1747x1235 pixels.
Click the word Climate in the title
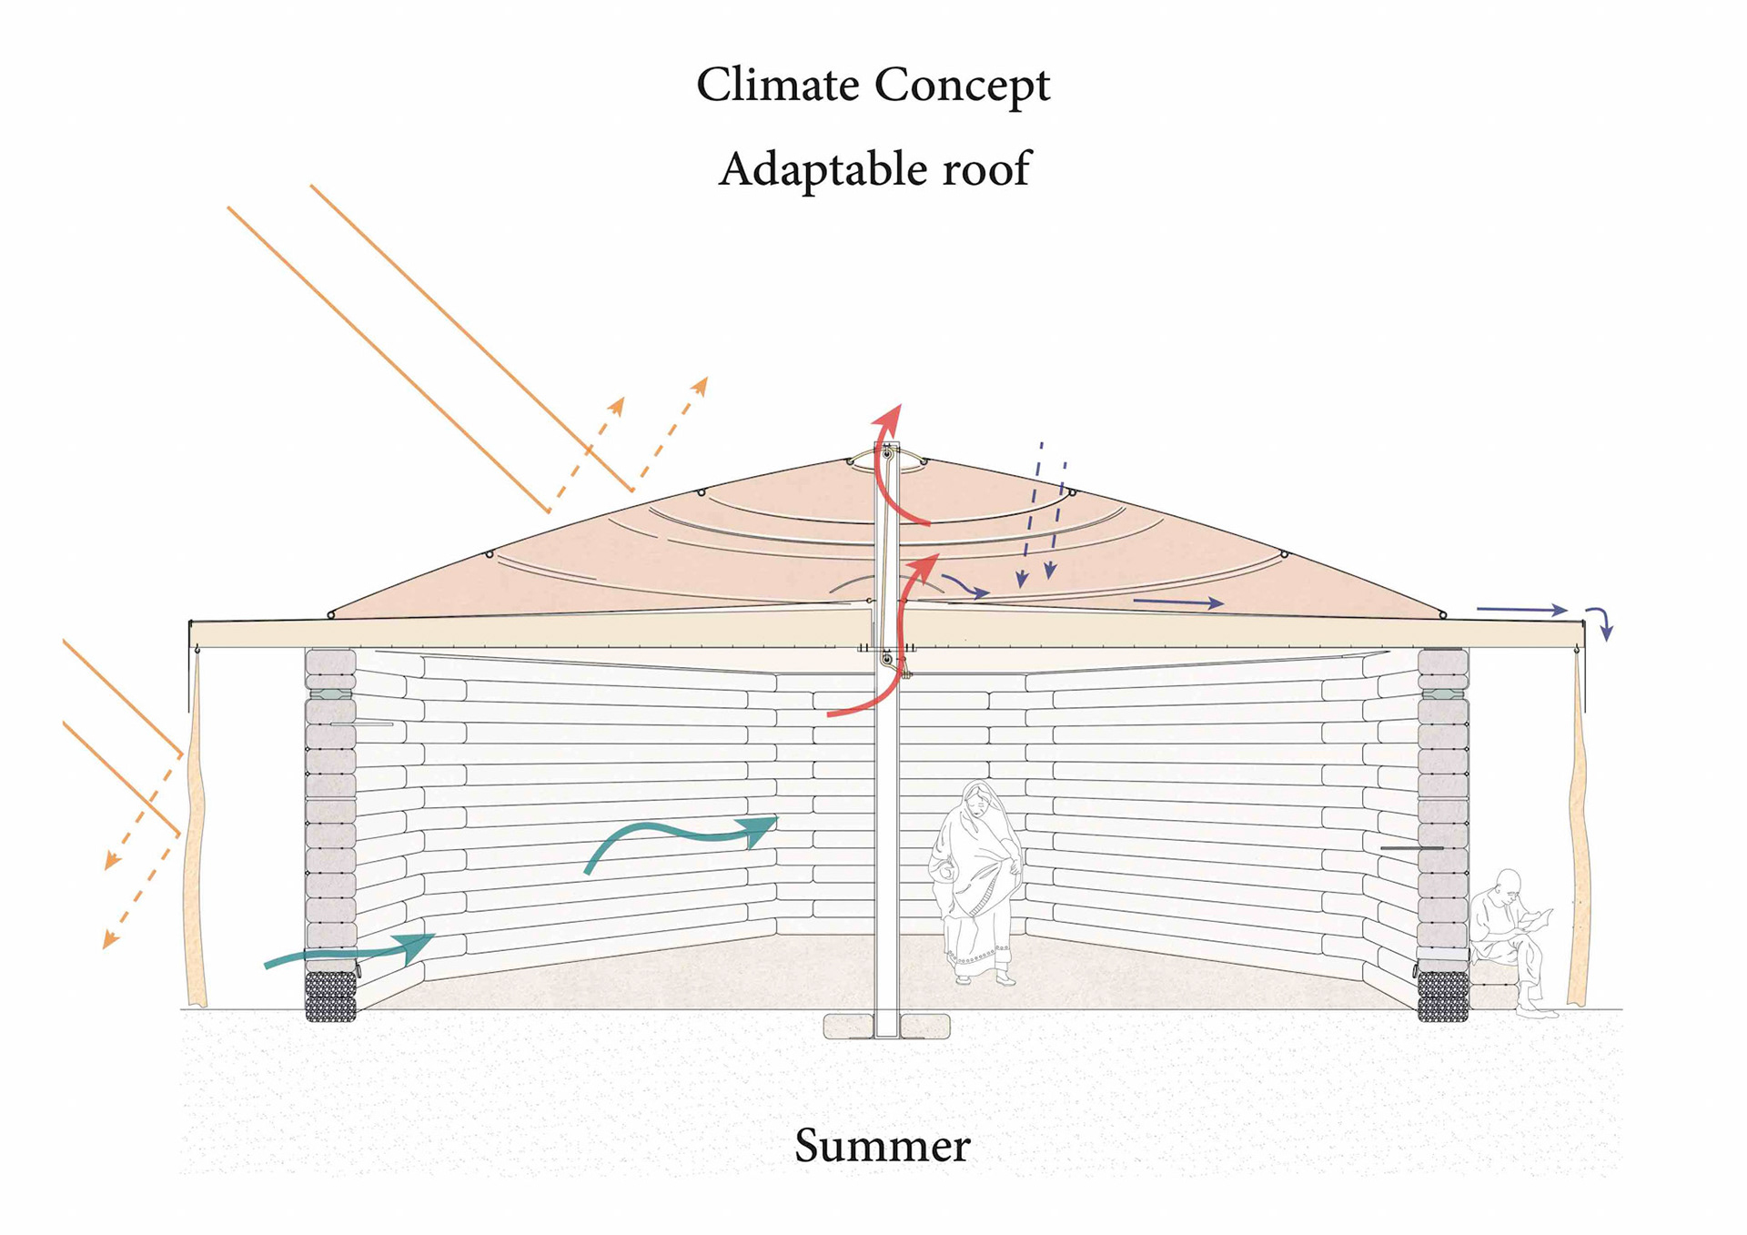(777, 85)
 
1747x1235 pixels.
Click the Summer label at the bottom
(882, 1145)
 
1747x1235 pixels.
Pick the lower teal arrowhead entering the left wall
(417, 946)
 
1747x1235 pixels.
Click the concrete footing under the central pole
(886, 1027)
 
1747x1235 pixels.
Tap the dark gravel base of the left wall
(330, 997)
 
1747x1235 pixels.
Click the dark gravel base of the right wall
(1443, 997)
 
